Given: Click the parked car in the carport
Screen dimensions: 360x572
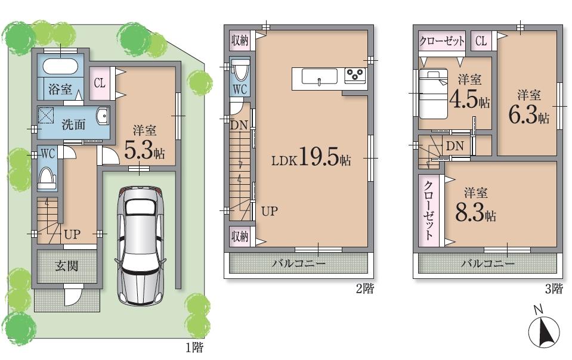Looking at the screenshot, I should [x=140, y=241].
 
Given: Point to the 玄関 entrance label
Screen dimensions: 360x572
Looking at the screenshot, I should [x=67, y=265].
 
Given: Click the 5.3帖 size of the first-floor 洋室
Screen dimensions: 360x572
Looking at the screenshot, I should [x=144, y=151].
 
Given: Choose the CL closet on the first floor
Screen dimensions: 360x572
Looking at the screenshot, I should [x=99, y=83].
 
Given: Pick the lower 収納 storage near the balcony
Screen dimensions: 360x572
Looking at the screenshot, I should [x=240, y=237].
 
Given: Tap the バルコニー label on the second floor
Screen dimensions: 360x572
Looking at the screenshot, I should [x=299, y=263].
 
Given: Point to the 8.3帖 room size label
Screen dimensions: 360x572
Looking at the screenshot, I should [x=477, y=213].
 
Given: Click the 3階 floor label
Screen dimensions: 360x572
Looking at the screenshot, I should [x=553, y=290].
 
